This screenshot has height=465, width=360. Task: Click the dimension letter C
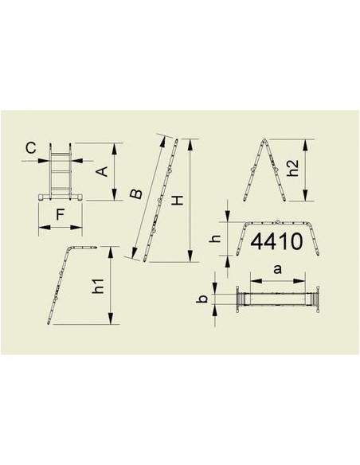(x=29, y=147)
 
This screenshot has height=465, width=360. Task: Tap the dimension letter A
(x=101, y=170)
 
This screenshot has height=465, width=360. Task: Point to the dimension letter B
(x=136, y=193)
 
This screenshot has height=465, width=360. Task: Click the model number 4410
(x=275, y=242)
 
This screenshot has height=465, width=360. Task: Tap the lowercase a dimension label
(x=276, y=269)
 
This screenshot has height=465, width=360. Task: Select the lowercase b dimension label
(x=204, y=300)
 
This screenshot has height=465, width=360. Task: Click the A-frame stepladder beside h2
(x=262, y=172)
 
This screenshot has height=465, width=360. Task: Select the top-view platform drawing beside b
(x=277, y=300)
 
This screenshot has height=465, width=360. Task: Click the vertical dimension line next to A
(x=117, y=171)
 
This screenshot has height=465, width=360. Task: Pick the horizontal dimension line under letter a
(x=277, y=279)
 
